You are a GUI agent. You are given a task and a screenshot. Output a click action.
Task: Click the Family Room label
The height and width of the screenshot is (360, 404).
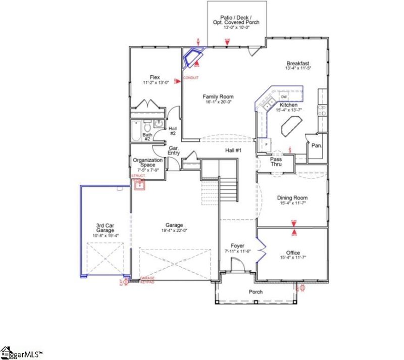click(x=218, y=96)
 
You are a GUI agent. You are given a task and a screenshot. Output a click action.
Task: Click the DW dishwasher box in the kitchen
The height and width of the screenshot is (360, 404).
click(x=284, y=96)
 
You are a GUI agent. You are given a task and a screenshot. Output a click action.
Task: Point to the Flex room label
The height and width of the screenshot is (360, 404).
click(x=155, y=77)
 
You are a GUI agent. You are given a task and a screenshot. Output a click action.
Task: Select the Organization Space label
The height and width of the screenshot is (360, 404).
click(x=147, y=163)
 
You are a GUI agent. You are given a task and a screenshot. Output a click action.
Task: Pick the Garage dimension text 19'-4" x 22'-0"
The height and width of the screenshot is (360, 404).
click(x=174, y=231)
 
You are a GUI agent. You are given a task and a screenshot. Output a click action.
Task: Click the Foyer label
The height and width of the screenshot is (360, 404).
click(x=237, y=245)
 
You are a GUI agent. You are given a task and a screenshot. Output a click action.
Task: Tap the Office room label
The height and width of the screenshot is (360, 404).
click(x=292, y=253)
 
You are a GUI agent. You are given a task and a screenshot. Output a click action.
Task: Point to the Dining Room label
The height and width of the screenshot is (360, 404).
click(x=292, y=198)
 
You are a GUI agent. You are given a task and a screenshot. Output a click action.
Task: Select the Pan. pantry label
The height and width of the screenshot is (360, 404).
click(x=317, y=145)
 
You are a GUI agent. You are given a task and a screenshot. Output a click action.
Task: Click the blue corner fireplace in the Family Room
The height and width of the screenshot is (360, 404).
click(x=193, y=57)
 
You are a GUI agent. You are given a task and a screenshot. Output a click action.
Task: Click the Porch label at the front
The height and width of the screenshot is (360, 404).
click(x=256, y=292)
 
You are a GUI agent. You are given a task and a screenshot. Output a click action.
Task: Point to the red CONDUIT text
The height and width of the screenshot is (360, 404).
click(x=190, y=78)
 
